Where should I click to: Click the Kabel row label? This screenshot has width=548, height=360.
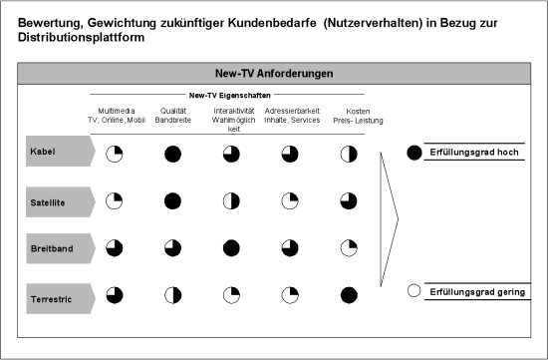pos(43,152)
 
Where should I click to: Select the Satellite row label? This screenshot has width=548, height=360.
pos(48,202)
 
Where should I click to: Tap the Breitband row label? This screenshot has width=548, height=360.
pos(52,248)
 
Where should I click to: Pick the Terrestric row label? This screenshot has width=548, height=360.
pos(51,299)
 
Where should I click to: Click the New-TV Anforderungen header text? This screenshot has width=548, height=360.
pos(274,74)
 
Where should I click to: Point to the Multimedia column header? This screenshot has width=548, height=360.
pos(117,116)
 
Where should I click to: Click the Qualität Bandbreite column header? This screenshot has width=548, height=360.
pos(173,116)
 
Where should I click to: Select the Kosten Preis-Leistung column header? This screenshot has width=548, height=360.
pos(358,116)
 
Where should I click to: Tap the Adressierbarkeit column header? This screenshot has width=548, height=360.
pos(292,116)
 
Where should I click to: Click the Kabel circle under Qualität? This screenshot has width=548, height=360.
pos(172,155)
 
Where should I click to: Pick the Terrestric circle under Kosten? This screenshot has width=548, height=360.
pos(349,295)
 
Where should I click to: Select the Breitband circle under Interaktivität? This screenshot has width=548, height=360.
pos(231,248)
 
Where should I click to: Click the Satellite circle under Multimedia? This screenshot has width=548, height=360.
pos(114,201)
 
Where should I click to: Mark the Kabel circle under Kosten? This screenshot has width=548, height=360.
pos(349,155)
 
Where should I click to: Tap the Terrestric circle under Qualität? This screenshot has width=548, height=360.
pos(173,295)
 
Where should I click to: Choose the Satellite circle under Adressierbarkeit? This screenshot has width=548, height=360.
pos(290,201)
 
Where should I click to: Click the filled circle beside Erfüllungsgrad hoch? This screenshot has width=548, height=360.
pos(414,153)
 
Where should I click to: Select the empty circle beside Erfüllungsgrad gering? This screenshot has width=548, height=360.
pos(414,291)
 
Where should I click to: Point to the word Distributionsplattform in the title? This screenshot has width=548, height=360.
pos(81,38)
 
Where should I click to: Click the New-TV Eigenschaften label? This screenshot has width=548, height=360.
pos(229,96)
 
